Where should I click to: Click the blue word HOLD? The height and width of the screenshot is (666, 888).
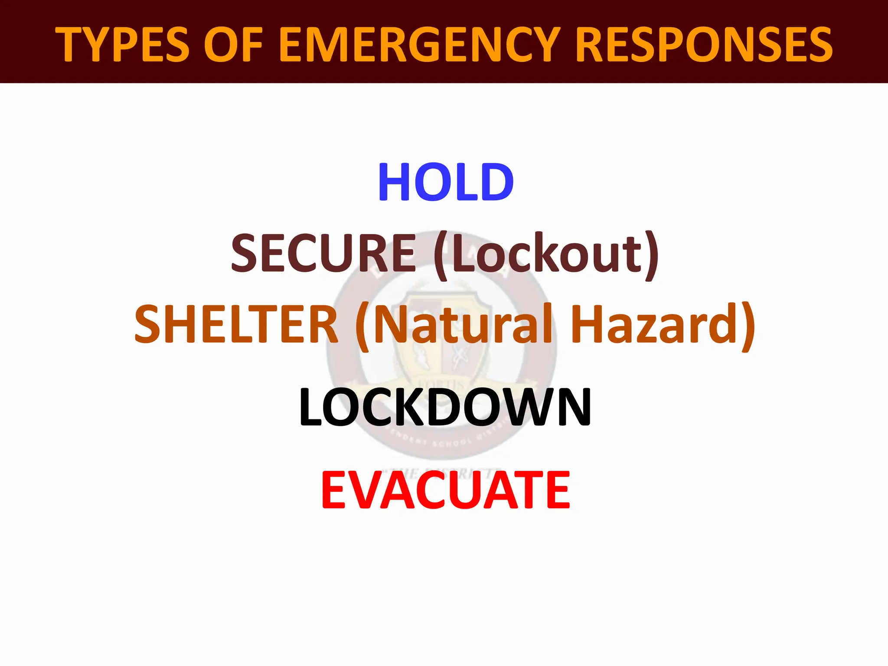446,182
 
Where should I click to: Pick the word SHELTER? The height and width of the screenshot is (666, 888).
236,324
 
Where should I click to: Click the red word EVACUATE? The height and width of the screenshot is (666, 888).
445,490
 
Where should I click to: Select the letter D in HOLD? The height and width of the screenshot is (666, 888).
496,182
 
